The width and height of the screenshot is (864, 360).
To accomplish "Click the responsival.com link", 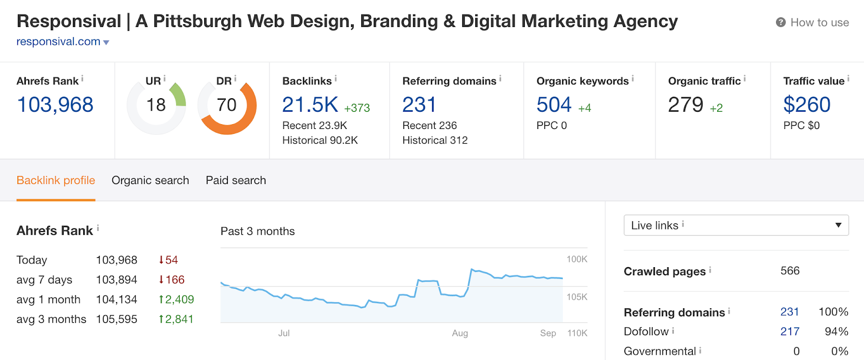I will pos(58,42).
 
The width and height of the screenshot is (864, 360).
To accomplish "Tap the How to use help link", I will pos(819,23).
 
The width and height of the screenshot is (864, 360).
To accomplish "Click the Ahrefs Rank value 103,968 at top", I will pos(55,105).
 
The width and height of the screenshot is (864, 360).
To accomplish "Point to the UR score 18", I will pos(156,105).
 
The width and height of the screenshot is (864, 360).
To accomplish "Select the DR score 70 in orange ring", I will pos(227,105).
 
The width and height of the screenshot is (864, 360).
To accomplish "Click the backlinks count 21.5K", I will pos(310,105).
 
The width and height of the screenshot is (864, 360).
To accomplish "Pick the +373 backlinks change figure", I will pos(357,108).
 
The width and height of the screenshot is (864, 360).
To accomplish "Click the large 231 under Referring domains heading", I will pos(419,105).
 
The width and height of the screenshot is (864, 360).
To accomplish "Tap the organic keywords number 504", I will pos(554,105).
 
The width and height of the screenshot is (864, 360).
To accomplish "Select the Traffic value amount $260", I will pos(807,105).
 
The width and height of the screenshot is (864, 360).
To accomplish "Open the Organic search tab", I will pos(150,180).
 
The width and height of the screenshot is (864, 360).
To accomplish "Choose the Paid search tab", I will pos(236,180).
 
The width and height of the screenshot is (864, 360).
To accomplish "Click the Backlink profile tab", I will pos(56,180).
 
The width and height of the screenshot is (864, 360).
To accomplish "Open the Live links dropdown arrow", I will pos(838,225).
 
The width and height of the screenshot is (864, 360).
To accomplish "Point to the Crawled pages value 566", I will pos(790,271).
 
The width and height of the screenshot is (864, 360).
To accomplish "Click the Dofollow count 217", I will pos(789,331).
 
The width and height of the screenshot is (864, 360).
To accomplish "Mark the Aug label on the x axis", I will pos(460,333).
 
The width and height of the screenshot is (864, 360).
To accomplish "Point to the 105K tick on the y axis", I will pos(577,297).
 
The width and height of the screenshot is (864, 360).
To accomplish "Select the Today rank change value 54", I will pos(171,260).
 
